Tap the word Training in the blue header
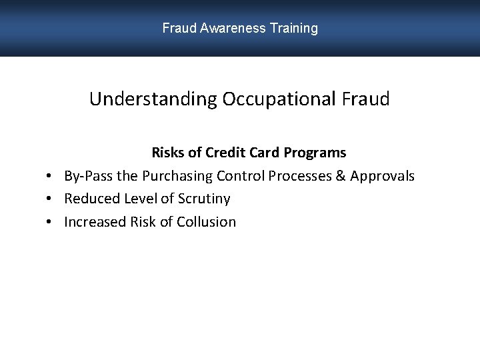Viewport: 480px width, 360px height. coord(294,29)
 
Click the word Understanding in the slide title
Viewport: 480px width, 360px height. coord(153,99)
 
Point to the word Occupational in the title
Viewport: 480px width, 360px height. coord(279,99)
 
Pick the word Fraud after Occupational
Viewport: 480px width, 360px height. coord(365,99)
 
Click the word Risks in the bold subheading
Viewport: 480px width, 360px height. coord(168,153)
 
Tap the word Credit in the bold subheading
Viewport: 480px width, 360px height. coord(225,153)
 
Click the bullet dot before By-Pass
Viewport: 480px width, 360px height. coord(50,177)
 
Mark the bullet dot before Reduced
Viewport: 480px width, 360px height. coord(50,199)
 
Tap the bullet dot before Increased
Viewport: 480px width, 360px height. coord(50,222)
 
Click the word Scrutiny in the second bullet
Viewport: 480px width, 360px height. coord(204,199)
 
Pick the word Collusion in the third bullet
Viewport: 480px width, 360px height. coord(206,222)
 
